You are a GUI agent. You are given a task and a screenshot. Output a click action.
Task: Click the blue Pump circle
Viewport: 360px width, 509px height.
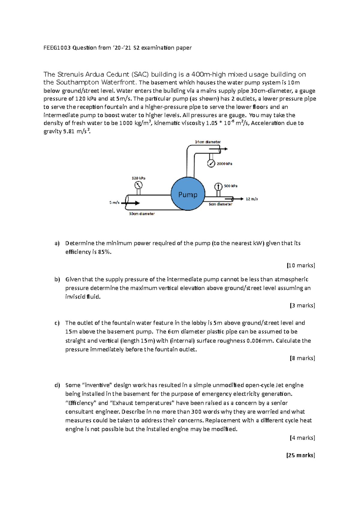coord(188,194)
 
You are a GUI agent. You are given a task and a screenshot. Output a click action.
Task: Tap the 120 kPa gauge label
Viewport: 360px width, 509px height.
coord(138,178)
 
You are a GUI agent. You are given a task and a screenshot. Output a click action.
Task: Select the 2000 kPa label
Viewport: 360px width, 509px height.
coord(224,164)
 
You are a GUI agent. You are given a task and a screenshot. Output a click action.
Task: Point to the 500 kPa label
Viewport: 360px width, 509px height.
coord(231,186)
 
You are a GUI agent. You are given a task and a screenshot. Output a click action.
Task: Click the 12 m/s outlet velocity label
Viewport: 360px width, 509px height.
coord(252,199)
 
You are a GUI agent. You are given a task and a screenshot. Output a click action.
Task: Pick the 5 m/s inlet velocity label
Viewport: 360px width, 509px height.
coord(114,203)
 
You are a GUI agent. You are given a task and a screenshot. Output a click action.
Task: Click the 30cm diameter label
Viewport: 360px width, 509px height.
coord(142,214)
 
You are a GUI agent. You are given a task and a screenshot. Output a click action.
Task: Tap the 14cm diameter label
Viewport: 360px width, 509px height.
coord(208,142)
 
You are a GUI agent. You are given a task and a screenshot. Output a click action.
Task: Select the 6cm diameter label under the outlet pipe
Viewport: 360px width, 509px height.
coord(220,204)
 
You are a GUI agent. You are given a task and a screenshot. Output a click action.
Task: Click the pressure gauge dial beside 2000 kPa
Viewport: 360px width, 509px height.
coord(211,164)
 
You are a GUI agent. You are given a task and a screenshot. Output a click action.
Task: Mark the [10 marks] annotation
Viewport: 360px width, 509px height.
coord(301,265)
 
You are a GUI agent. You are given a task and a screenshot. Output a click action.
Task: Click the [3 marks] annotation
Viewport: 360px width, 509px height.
coord(302,305)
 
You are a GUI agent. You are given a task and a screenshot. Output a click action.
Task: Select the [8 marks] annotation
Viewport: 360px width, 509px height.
coord(302,358)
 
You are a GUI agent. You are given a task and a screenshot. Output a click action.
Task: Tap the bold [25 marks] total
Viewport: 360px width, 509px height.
coord(301,455)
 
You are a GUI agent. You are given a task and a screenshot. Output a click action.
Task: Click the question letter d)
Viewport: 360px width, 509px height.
coord(57,385)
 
